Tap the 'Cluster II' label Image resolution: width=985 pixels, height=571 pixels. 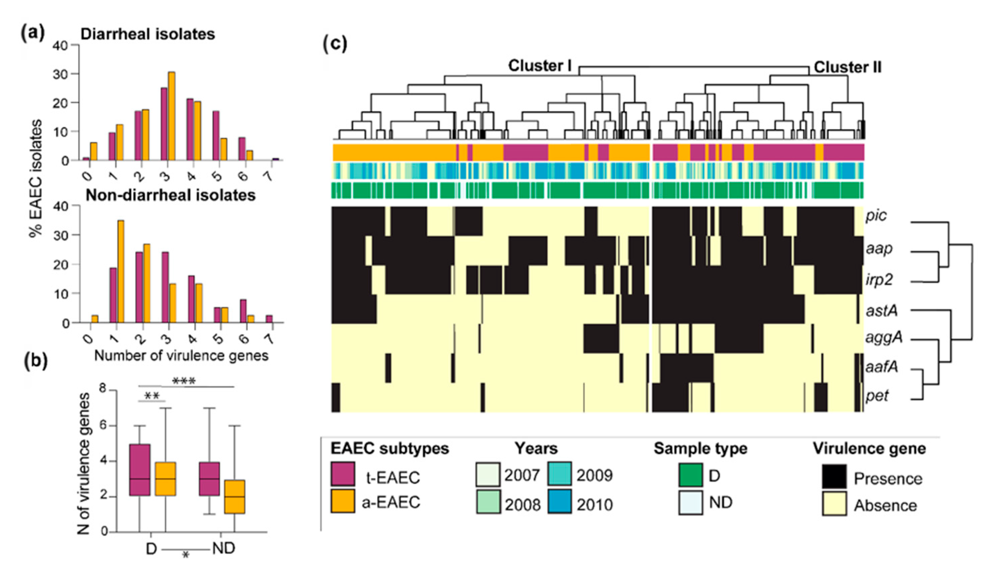click(x=847, y=68)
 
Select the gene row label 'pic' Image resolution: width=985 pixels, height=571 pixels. click(x=876, y=215)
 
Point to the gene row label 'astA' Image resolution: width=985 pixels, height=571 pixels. click(x=881, y=311)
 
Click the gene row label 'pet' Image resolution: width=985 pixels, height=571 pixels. click(x=877, y=396)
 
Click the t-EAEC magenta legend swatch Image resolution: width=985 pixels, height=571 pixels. click(x=343, y=474)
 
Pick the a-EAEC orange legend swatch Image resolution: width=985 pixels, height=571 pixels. click(x=343, y=501)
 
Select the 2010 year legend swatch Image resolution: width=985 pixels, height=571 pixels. click(x=559, y=501)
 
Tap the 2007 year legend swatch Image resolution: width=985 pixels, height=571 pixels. click(x=488, y=474)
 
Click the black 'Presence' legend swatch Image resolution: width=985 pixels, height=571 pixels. click(x=834, y=477)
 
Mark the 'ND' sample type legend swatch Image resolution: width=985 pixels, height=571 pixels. click(x=690, y=503)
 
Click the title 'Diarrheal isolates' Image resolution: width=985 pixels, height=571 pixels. click(x=148, y=35)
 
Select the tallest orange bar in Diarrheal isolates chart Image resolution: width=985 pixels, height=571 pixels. click(x=171, y=116)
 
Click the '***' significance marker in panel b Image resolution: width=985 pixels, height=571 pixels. click(x=184, y=381)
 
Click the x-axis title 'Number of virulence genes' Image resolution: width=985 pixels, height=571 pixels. click(x=181, y=356)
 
